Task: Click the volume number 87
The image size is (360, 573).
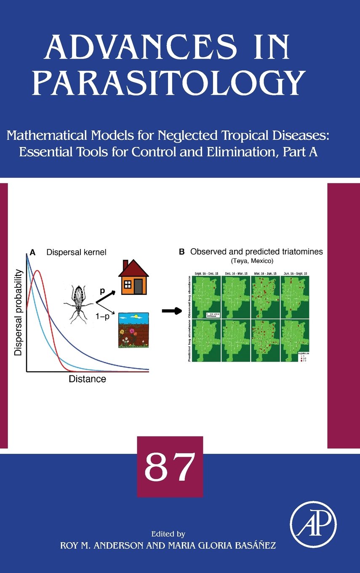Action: [x=170, y=467]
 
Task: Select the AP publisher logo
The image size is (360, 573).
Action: [x=313, y=524]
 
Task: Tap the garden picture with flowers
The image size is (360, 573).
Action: [x=133, y=330]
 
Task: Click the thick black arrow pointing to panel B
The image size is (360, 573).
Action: [x=168, y=311]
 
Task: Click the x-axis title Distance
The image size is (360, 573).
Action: [x=87, y=379]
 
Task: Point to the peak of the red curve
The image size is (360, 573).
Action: [x=37, y=271]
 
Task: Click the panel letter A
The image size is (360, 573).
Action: [x=32, y=253]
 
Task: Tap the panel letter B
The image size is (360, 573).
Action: [x=182, y=252]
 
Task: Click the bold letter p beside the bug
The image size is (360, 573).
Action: [x=102, y=290]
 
